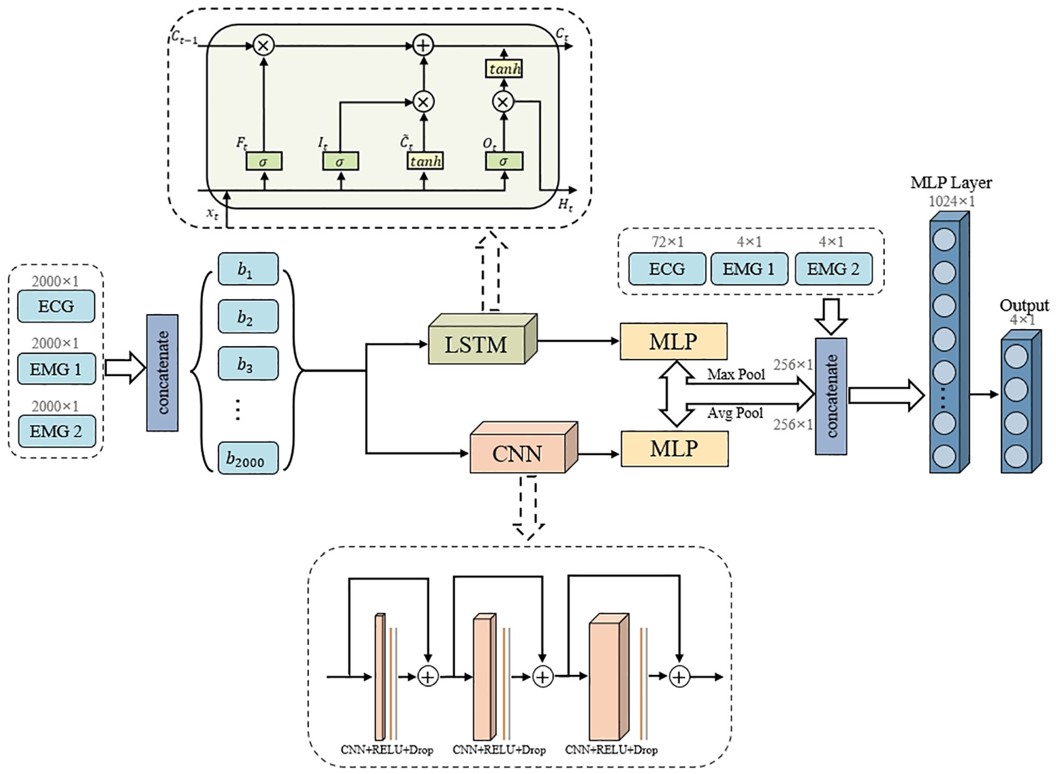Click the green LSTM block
coord(483,339)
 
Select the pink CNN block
coord(524,447)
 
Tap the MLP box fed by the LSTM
coord(673,342)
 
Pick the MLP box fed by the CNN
coord(674,449)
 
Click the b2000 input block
coord(248,458)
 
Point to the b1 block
coord(248,269)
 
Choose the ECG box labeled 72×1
coord(667,269)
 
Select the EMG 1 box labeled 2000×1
coord(56,369)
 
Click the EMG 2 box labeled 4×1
coord(834,269)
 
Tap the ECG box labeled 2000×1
coord(56,306)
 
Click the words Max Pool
coord(736,375)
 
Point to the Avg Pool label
coord(735,413)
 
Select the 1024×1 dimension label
coord(951,201)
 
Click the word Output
coord(1025,305)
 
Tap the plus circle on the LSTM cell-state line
coord(423,45)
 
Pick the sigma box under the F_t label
coord(264,161)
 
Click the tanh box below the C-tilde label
coord(426,161)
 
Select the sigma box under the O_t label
coord(504,161)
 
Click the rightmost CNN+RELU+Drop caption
coord(611,750)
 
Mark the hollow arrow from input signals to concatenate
coord(125,368)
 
